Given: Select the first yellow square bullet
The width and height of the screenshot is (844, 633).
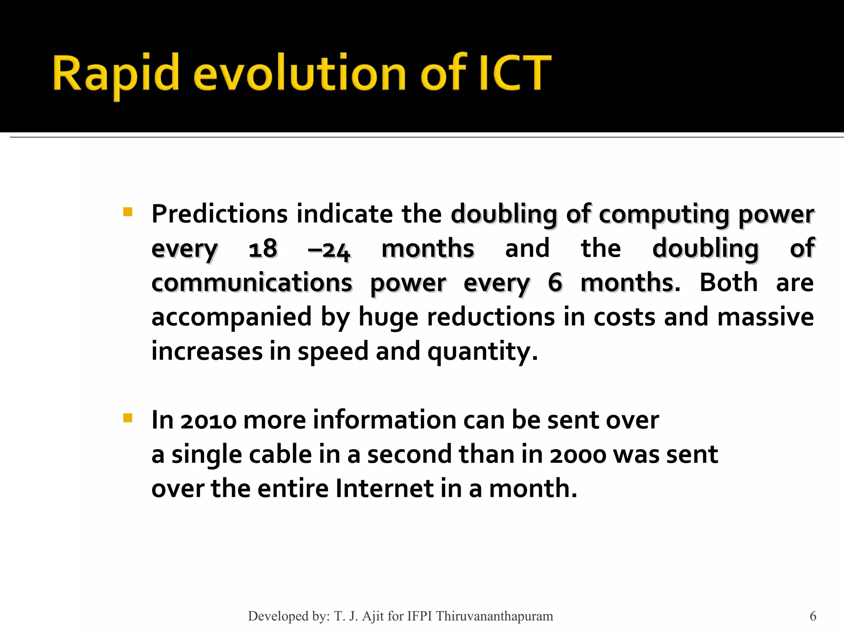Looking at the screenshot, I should [128, 212].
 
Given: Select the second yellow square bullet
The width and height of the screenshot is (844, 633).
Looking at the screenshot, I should [128, 418].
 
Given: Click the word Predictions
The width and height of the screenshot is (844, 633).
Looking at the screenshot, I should [219, 214].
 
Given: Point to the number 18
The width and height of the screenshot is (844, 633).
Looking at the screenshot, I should [263, 249].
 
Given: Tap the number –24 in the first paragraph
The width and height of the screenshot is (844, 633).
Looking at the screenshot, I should [329, 250].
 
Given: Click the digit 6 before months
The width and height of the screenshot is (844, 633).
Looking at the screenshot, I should [555, 283].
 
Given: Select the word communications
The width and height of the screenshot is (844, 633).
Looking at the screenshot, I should [252, 283].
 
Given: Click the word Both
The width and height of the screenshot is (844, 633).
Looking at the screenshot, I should [728, 283].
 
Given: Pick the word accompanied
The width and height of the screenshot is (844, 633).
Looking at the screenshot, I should [231, 317].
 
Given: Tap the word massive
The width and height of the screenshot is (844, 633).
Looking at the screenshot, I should [765, 317].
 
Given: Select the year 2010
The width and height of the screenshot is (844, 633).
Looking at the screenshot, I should [209, 421].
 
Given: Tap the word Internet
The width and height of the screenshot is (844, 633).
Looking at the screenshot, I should [384, 489].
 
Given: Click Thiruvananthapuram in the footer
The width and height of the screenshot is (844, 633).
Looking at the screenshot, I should [494, 616].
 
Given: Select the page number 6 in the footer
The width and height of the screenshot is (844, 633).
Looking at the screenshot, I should [813, 616].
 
